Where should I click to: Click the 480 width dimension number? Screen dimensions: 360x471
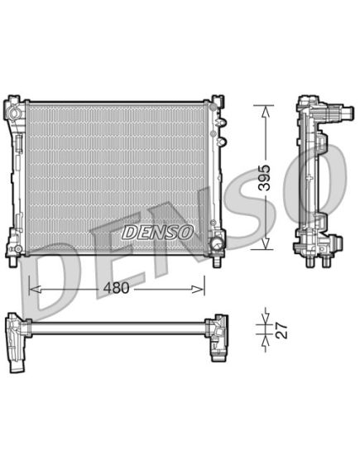[x=116, y=288]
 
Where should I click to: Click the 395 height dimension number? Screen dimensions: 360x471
[x=265, y=177]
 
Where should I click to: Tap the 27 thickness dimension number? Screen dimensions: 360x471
[x=281, y=331]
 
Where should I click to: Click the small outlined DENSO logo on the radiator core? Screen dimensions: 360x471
[x=157, y=233]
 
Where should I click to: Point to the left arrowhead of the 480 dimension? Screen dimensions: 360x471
[x=35, y=290]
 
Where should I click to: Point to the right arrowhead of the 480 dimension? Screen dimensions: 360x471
[x=198, y=289]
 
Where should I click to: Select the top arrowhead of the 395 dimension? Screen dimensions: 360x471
[x=265, y=112]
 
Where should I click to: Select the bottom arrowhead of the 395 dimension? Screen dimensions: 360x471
[x=265, y=243]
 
